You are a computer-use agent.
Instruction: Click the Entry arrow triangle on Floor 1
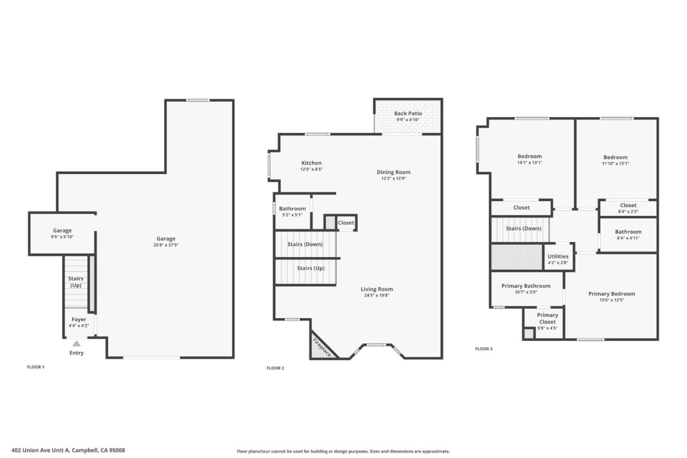(x=76, y=343)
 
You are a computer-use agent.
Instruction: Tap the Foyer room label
(x=79, y=320)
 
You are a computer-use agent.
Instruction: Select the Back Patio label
(x=408, y=114)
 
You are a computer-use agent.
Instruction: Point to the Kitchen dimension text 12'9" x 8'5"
(x=312, y=169)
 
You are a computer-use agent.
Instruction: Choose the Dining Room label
(x=394, y=172)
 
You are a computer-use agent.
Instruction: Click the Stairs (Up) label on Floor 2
(x=311, y=268)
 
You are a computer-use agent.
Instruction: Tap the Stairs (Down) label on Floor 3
(x=523, y=228)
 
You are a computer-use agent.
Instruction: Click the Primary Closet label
(x=547, y=318)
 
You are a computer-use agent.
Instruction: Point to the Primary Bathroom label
(x=526, y=286)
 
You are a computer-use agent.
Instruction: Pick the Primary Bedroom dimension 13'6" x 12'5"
(x=612, y=300)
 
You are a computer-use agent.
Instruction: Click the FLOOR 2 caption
(x=275, y=368)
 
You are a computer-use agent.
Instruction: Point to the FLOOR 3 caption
(x=484, y=349)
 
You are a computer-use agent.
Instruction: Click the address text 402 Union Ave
(x=68, y=450)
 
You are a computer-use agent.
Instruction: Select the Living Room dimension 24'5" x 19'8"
(x=377, y=295)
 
